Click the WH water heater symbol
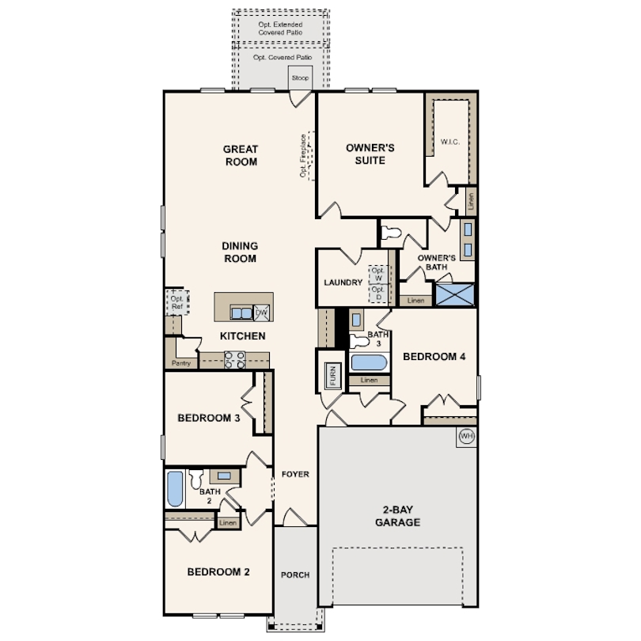point(466,436)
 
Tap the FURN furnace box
point(332,377)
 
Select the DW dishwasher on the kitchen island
point(261,313)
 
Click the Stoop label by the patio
point(300,78)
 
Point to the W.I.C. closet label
point(449,142)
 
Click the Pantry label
point(180,363)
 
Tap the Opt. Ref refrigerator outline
point(176,302)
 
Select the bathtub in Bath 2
point(175,488)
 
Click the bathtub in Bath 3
point(369,363)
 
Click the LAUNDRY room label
point(343,283)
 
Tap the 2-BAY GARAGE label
point(397,516)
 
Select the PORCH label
point(295,575)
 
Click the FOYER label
point(295,474)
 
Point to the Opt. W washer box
point(377,275)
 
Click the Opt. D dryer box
point(377,294)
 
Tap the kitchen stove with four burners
point(234,360)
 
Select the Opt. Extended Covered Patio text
point(281,29)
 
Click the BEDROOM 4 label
point(434,356)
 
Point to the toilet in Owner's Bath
point(391,233)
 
